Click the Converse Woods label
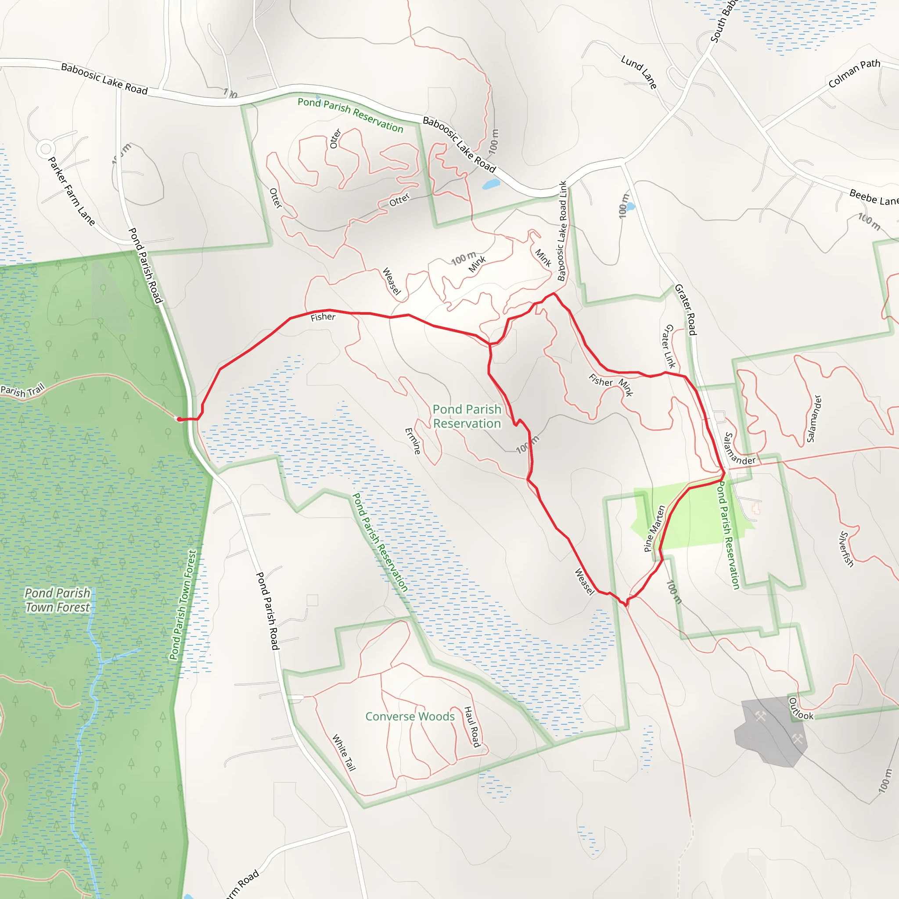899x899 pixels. click(x=410, y=716)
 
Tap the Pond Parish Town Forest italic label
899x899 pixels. click(x=57, y=600)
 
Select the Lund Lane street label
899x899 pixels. click(x=639, y=72)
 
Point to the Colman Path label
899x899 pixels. click(x=854, y=73)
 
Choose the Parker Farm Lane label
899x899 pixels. click(x=72, y=191)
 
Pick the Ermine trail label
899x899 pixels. click(x=413, y=441)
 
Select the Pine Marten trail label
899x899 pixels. click(x=654, y=529)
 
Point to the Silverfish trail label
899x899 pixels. click(x=847, y=549)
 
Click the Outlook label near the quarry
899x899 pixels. click(x=801, y=709)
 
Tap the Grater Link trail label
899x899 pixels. click(x=669, y=346)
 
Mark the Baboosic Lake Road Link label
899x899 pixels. click(x=563, y=231)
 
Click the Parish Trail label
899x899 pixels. click(x=22, y=390)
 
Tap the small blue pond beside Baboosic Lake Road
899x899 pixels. click(x=491, y=184)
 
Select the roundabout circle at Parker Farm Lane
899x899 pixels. click(x=46, y=149)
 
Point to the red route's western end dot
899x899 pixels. click(x=179, y=419)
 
